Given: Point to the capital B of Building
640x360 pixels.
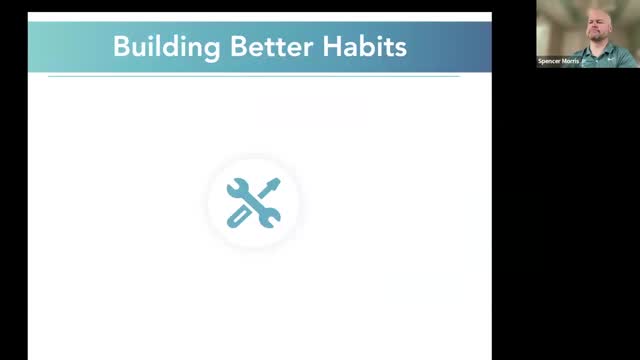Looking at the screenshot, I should (121, 47).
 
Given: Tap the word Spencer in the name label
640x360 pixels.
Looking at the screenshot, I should (554, 61).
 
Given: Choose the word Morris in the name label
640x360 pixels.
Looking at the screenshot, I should (580, 61).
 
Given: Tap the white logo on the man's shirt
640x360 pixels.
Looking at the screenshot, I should (612, 56).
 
